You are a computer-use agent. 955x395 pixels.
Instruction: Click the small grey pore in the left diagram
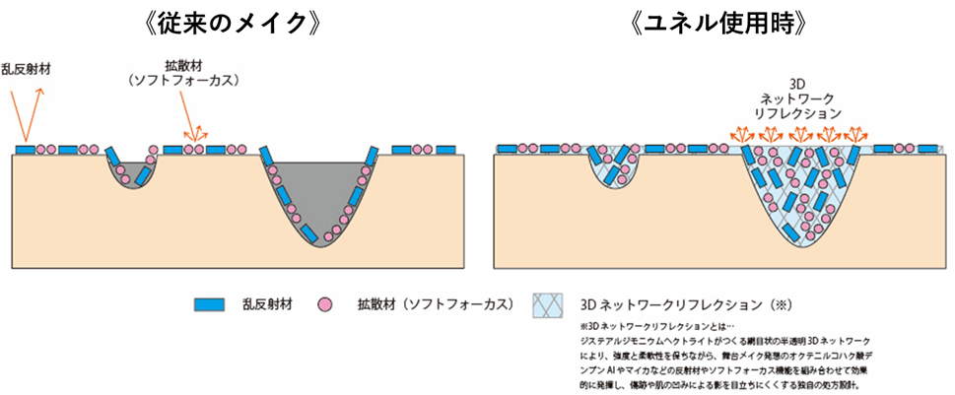(x=134, y=174)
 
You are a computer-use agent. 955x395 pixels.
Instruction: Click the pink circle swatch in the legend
(x=324, y=304)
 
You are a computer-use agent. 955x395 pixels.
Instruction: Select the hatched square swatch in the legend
(x=548, y=305)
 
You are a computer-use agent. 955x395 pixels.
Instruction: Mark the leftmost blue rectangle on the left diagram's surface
(x=27, y=150)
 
